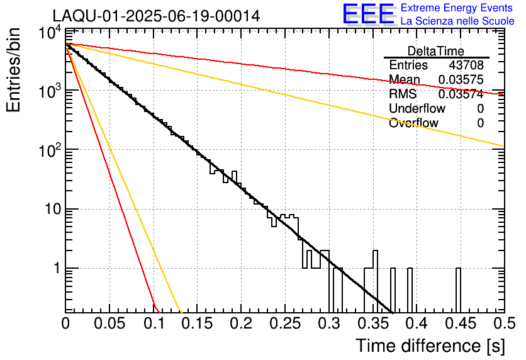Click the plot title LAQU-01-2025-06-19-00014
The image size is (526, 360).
(x=156, y=16)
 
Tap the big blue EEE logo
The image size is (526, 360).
(x=368, y=14)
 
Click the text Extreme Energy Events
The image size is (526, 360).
(x=457, y=8)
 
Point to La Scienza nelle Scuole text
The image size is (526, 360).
(x=457, y=21)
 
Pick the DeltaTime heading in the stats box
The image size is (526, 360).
(x=436, y=51)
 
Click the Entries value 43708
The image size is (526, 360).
(x=466, y=65)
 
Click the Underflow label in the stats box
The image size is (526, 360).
(x=417, y=108)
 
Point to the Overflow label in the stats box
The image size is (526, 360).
(x=413, y=123)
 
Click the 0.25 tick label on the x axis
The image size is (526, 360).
(x=284, y=325)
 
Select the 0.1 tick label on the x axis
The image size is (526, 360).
(x=154, y=325)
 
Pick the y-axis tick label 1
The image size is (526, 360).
(x=55, y=269)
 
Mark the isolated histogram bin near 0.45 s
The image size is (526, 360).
(x=458, y=290)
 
